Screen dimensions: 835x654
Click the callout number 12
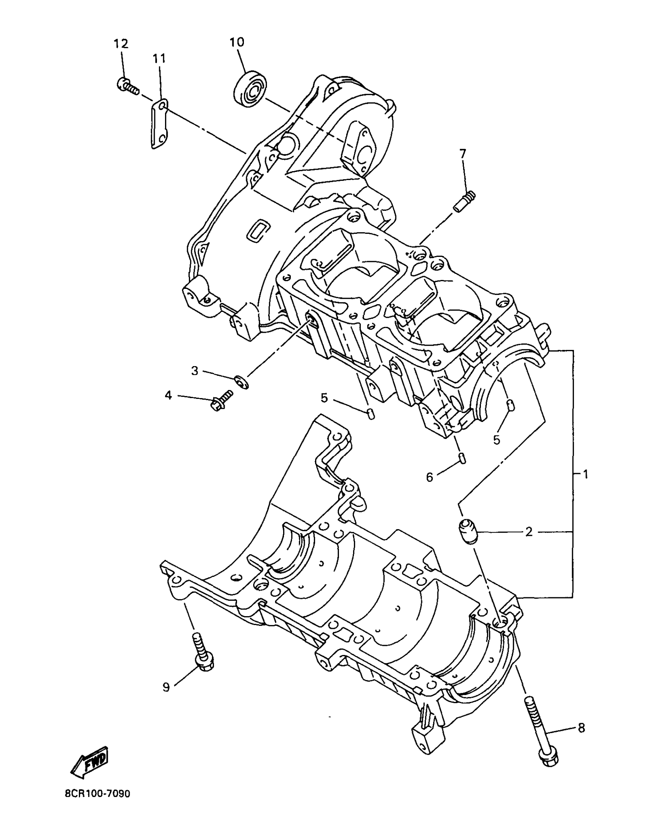tap(120, 43)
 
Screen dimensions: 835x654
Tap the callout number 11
tap(159, 59)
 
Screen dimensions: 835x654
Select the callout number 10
tap(237, 42)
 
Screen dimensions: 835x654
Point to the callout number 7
tap(462, 154)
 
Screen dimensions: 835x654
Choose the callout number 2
tap(529, 532)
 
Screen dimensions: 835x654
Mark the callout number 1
tap(585, 475)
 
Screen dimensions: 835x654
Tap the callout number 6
tap(430, 477)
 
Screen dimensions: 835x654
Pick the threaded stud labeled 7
tap(464, 201)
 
